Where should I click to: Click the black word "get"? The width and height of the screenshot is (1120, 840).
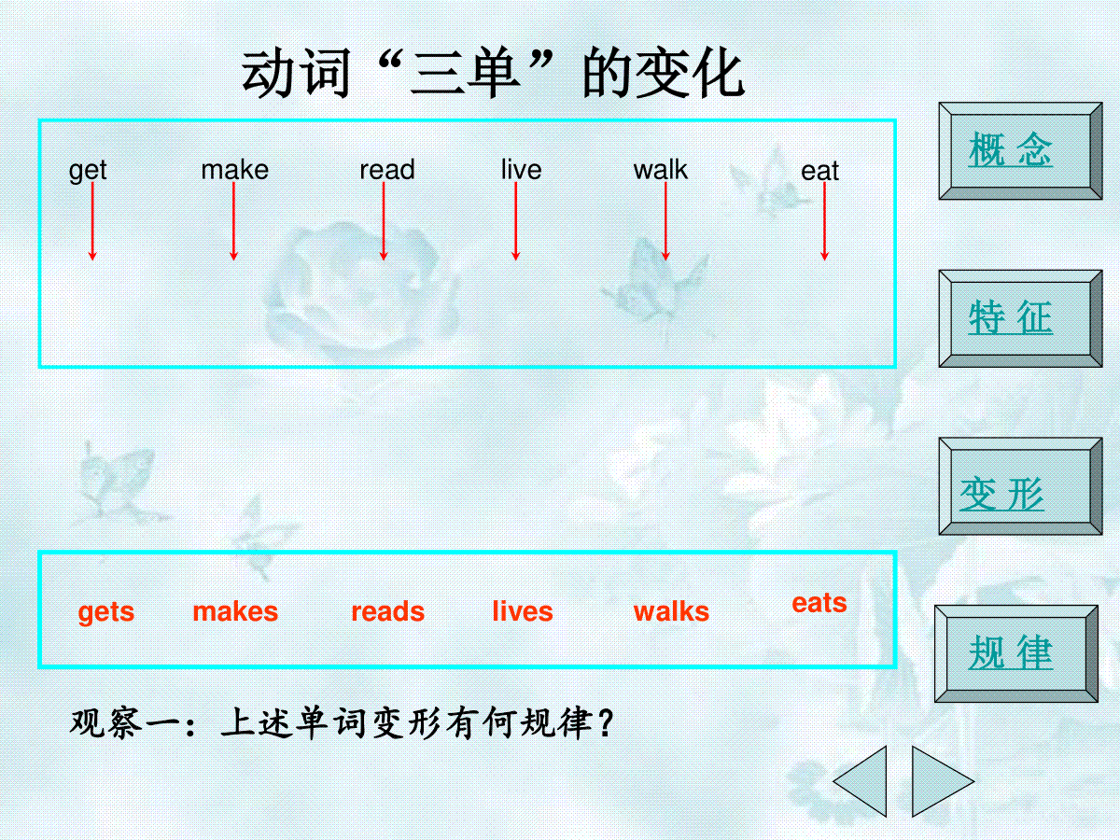[88, 171]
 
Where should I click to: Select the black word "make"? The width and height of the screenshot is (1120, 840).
[234, 170]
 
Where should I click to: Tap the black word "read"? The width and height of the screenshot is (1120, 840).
[387, 170]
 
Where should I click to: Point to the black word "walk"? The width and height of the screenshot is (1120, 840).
[660, 170]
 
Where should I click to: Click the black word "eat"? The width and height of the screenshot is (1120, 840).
[819, 171]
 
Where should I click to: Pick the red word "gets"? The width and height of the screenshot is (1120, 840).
[106, 612]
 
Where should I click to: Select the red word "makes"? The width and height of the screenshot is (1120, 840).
[235, 611]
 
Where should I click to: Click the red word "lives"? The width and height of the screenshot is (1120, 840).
[523, 611]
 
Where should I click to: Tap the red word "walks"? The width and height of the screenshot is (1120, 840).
[671, 611]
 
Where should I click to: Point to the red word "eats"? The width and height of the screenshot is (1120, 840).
[819, 603]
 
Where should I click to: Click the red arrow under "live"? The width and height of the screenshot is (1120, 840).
[515, 221]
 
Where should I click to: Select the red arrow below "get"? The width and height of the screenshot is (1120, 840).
[92, 221]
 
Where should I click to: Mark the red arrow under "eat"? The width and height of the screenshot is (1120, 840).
[824, 221]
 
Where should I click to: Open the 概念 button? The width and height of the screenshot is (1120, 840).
[1020, 151]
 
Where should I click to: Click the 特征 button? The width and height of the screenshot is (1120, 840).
[1020, 319]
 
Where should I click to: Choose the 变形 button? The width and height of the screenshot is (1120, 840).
[1020, 486]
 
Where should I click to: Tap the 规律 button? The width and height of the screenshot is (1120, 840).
[1015, 654]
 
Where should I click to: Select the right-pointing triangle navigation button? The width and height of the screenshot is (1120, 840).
[935, 781]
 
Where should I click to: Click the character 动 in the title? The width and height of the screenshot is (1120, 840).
[269, 73]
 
